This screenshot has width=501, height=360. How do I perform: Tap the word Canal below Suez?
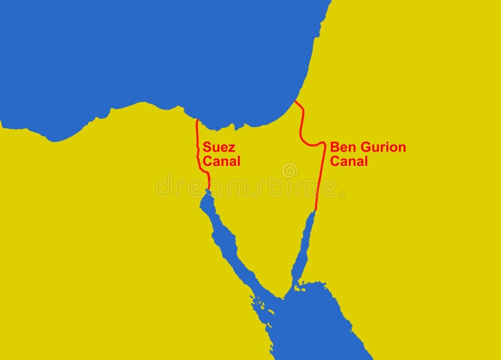click(x=221, y=162)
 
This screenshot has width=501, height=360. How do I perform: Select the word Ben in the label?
click(x=342, y=148)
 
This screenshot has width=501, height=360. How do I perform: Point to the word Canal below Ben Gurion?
click(x=349, y=162)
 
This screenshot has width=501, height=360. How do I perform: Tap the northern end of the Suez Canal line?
click(x=197, y=120)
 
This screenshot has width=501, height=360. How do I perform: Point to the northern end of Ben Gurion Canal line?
click(x=296, y=102)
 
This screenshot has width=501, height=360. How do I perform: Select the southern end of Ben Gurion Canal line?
click(x=315, y=211)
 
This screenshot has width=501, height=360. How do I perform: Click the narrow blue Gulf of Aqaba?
click(x=303, y=250)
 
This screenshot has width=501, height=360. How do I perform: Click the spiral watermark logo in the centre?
click(x=289, y=170)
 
